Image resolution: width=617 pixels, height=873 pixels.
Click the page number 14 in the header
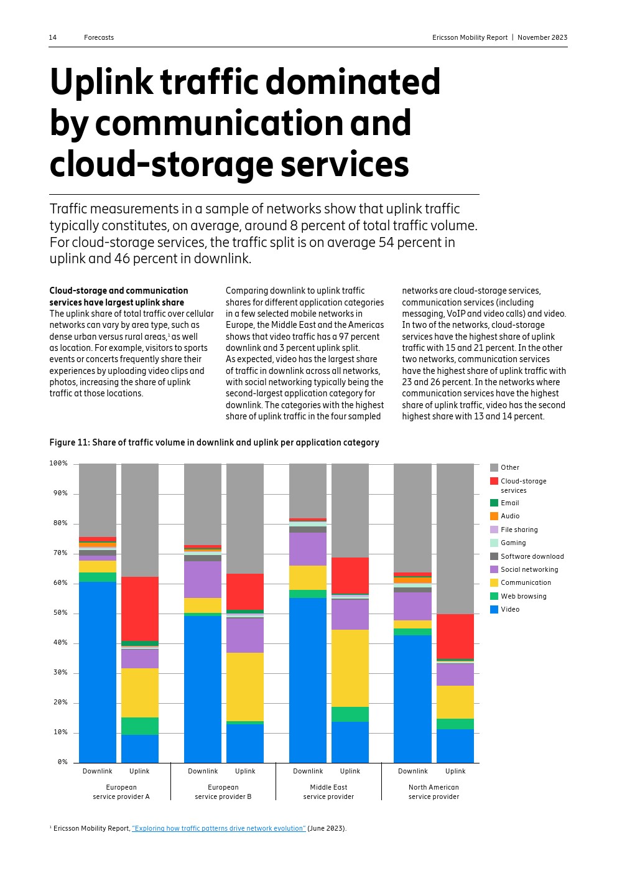pyautogui.click(x=53, y=37)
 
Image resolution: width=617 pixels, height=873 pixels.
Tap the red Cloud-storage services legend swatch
pyautogui.click(x=494, y=481)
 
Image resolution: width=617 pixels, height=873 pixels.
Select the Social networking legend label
pyautogui.click(x=529, y=569)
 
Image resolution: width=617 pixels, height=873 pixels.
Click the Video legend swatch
pyautogui.click(x=494, y=610)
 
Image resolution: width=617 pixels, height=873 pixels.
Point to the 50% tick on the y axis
pyautogui.click(x=58, y=613)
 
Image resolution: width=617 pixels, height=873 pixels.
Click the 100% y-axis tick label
pyautogui.click(x=58, y=464)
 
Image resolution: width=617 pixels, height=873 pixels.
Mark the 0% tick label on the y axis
pyautogui.click(x=62, y=762)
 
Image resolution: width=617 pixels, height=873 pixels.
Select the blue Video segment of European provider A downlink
pyautogui.click(x=98, y=672)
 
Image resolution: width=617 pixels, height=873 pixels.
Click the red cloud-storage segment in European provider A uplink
pyautogui.click(x=140, y=609)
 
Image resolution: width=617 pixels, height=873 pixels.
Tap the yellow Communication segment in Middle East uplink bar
pyautogui.click(x=350, y=668)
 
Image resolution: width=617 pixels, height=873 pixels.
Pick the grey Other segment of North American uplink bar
pyautogui.click(x=455, y=538)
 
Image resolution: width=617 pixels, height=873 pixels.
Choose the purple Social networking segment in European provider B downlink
pyautogui.click(x=203, y=579)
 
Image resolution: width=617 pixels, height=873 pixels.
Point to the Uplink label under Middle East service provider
pyautogui.click(x=350, y=771)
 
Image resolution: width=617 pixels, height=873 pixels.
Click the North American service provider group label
pyautogui.click(x=434, y=791)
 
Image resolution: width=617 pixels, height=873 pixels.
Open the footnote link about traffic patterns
pyautogui.click(x=218, y=828)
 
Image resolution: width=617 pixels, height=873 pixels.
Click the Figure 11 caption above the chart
pyautogui.click(x=214, y=442)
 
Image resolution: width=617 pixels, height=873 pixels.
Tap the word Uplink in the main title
pyautogui.click(x=101, y=82)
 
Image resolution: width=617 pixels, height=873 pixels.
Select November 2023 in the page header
pyautogui.click(x=542, y=37)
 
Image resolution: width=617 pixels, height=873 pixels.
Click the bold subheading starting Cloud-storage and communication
pyautogui.click(x=119, y=296)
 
